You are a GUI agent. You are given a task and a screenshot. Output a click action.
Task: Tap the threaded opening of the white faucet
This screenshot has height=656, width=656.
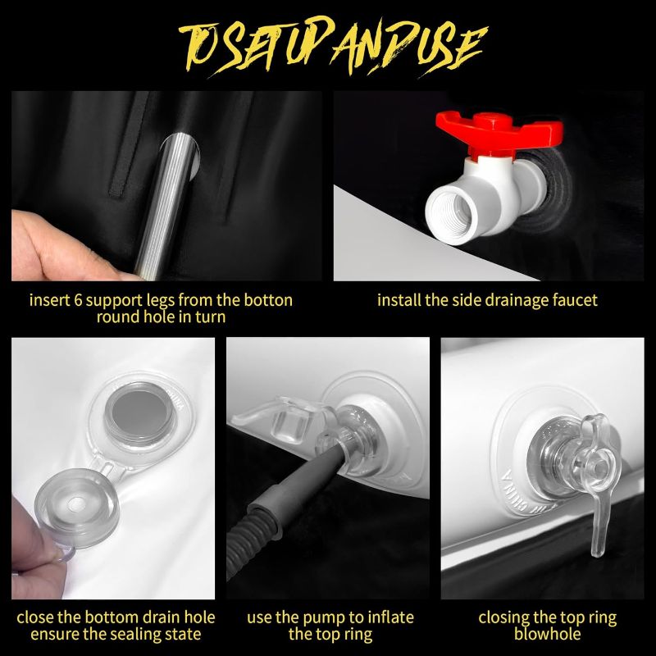[452, 212]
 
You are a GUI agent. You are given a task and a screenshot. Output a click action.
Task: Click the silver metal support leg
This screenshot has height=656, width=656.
[167, 205]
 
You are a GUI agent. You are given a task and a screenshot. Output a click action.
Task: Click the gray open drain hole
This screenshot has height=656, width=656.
[138, 413]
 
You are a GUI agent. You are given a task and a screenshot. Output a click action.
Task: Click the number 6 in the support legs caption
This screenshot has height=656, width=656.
[77, 300]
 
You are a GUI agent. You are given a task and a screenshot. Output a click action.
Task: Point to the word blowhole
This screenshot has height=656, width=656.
[547, 634]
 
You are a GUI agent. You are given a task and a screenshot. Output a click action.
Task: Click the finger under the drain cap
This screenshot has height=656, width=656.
[30, 540]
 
